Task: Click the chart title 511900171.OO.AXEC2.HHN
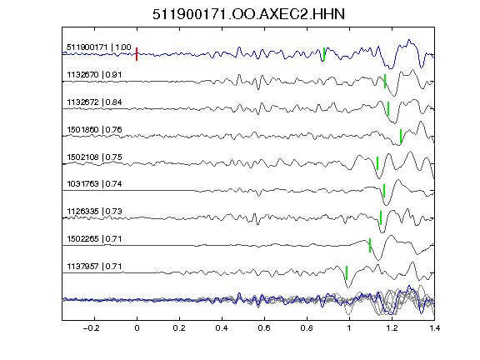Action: click(248, 14)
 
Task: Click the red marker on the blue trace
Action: click(137, 54)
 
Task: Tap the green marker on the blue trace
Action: click(324, 54)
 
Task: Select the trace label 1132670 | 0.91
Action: click(94, 75)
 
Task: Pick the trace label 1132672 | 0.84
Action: click(94, 102)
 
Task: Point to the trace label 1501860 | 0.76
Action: click(94, 129)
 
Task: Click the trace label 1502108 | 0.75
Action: click(94, 157)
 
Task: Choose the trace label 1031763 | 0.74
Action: click(94, 183)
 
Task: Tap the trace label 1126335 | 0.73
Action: click(94, 211)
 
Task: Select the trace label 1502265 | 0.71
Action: click(94, 238)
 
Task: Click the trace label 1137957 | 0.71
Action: click(94, 267)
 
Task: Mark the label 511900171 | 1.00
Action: click(99, 47)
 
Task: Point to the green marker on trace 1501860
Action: click(400, 136)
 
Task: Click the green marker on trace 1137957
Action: click(347, 272)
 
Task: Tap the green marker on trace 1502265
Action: click(370, 245)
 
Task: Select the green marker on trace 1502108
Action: click(377, 163)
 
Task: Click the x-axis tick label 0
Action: click(137, 328)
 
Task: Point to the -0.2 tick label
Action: click(92, 328)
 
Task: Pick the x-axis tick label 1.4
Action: click(434, 328)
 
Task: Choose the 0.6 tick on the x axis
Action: click(264, 328)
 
